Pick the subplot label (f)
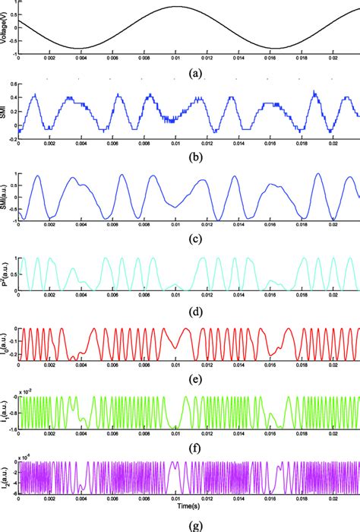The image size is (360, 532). click(188, 448)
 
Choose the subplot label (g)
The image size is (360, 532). click(188, 524)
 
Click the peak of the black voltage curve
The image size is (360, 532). click(175, 7)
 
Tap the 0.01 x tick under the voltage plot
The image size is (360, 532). click(175, 57)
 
